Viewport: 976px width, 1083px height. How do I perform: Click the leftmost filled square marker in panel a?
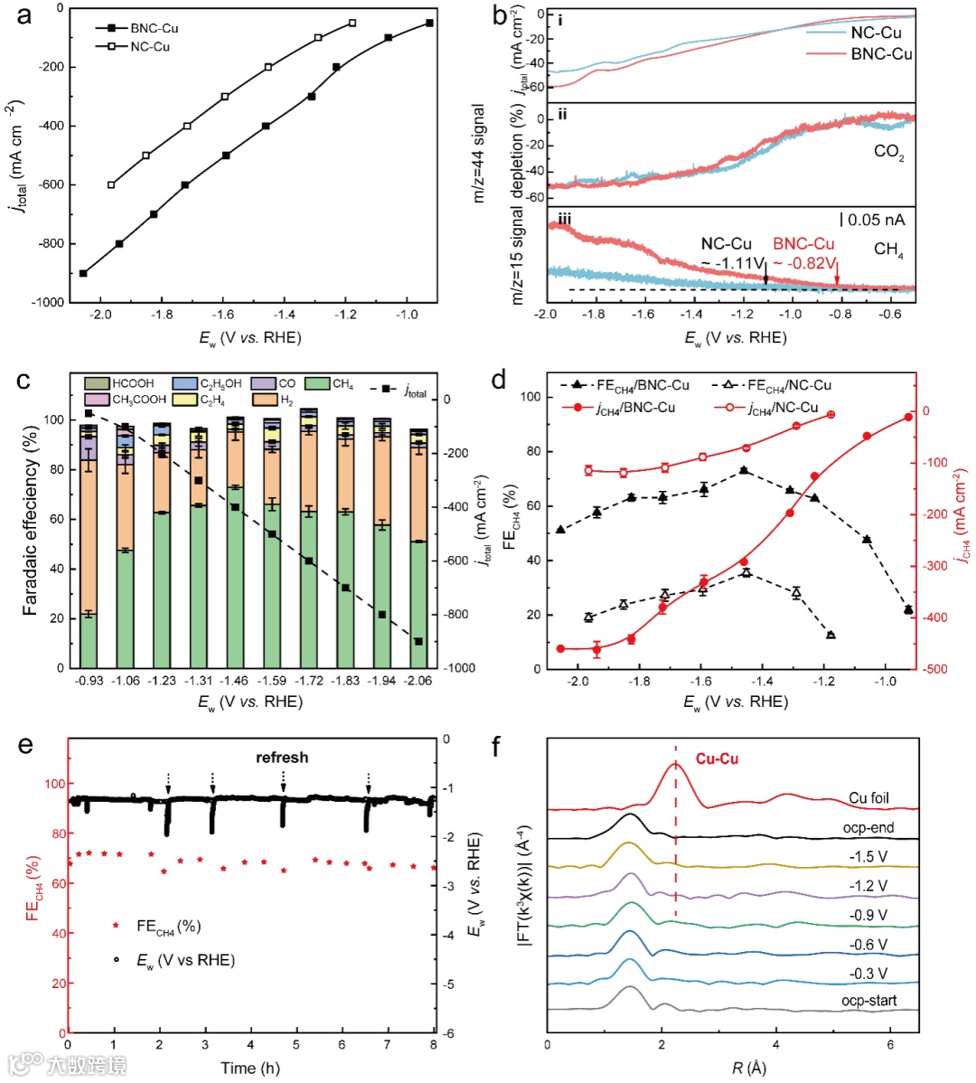[83, 273]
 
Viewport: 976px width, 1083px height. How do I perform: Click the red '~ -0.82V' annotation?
[803, 263]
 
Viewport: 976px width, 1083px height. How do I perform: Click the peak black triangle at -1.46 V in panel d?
[744, 470]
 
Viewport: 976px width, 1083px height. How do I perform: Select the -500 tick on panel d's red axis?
[939, 669]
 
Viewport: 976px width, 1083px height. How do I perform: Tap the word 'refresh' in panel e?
[282, 758]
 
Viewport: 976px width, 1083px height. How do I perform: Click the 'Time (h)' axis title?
[250, 1068]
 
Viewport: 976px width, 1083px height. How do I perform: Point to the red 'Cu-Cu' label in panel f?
[717, 758]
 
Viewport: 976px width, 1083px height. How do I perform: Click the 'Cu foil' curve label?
[868, 798]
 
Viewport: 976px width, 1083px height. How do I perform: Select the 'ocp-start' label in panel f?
[868, 1000]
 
